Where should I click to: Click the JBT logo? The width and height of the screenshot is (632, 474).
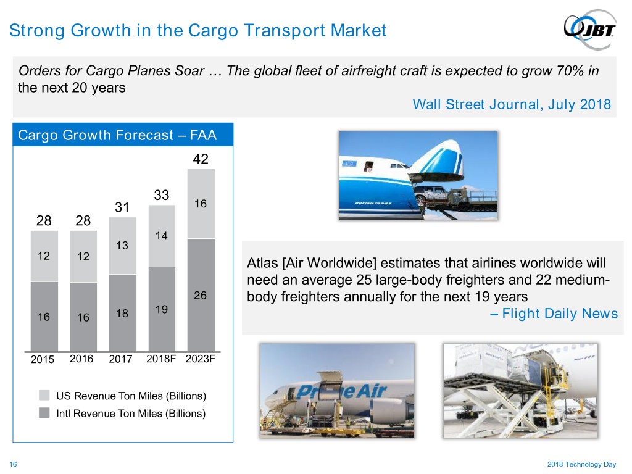tap(590, 29)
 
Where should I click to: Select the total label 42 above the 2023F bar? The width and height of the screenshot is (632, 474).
tap(201, 159)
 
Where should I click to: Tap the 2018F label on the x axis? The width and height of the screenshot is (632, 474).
tap(161, 359)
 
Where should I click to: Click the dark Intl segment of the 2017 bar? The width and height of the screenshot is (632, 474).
tap(123, 313)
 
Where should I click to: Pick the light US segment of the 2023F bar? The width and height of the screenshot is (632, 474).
tap(201, 204)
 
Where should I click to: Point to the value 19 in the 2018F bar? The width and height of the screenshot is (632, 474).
tap(161, 309)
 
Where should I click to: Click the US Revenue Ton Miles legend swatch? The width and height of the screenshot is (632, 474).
tap(44, 395)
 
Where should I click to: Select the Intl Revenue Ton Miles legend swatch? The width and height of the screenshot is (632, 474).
tap(44, 413)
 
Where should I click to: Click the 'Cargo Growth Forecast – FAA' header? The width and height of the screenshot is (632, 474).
tap(117, 135)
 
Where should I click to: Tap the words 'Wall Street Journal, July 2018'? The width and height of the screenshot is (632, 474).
tap(512, 104)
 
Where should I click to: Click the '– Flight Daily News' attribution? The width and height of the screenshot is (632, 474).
tap(554, 313)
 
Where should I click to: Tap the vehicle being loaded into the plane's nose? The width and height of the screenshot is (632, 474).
tap(431, 193)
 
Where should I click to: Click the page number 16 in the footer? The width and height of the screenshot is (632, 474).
tap(13, 464)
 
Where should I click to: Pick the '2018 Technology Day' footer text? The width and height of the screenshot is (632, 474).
tap(581, 464)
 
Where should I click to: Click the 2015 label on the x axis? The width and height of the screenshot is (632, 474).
tap(43, 359)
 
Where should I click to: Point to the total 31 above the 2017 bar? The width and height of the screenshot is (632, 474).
tap(122, 207)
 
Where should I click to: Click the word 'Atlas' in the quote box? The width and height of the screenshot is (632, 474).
tap(262, 263)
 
